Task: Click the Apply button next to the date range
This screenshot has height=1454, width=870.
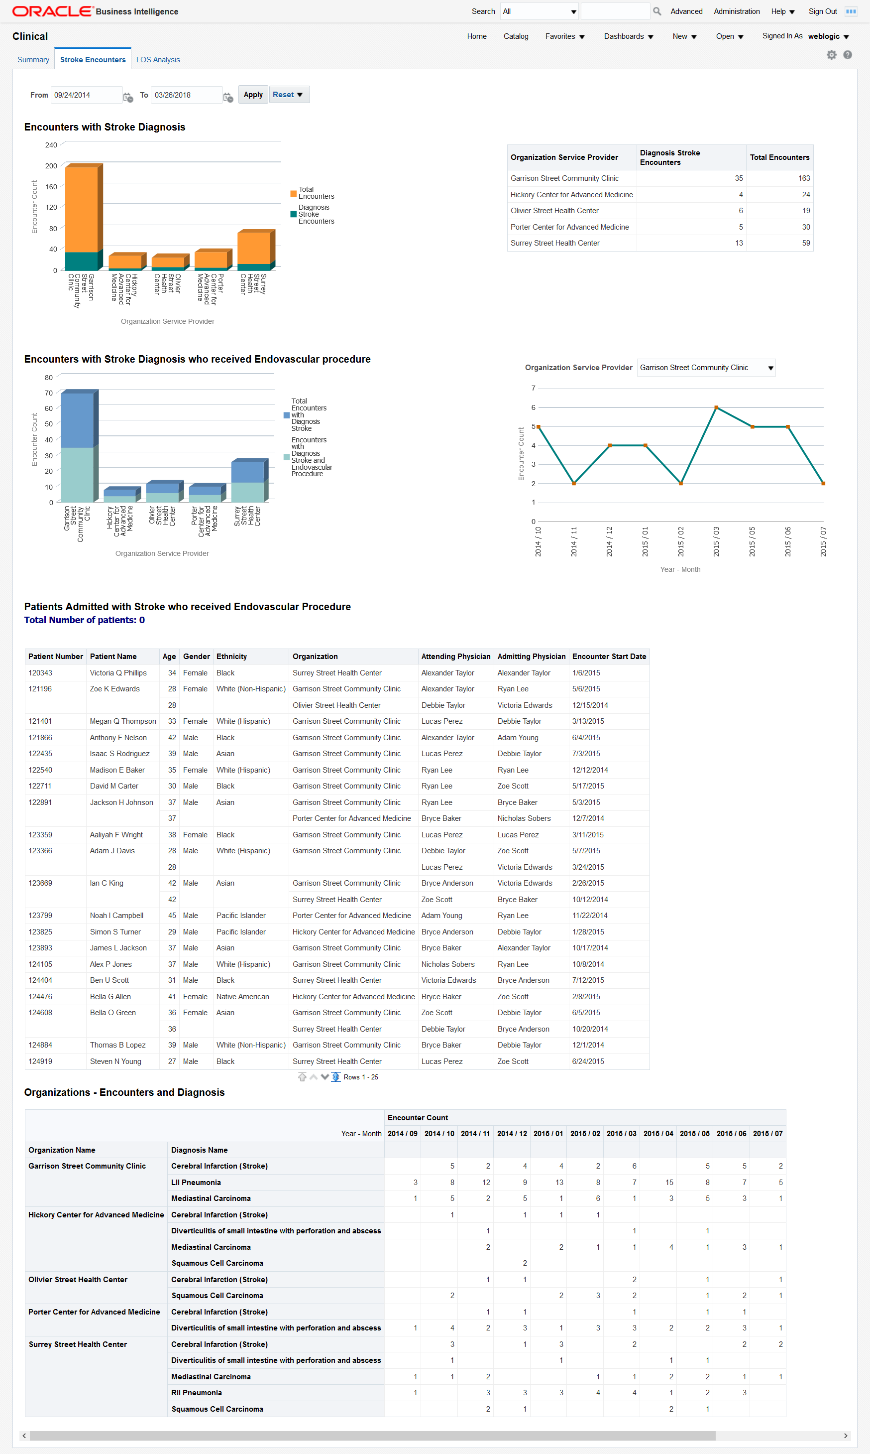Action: coord(253,95)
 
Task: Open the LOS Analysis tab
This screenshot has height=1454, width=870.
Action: coord(158,60)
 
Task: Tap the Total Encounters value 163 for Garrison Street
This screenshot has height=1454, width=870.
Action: coord(804,178)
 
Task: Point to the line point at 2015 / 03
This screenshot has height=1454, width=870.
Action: coord(716,407)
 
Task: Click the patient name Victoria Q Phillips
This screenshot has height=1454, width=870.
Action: coord(118,673)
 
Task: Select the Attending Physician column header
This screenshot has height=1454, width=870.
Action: coord(455,657)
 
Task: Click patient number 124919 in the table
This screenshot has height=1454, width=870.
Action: coord(40,1061)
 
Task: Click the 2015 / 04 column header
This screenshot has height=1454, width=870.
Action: coord(658,1134)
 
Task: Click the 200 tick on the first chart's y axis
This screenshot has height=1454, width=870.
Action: coord(52,166)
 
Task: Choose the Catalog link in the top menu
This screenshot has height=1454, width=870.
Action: coord(515,36)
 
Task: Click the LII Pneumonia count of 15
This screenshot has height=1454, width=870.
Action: coord(669,1183)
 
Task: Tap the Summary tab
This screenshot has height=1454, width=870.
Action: coord(33,60)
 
